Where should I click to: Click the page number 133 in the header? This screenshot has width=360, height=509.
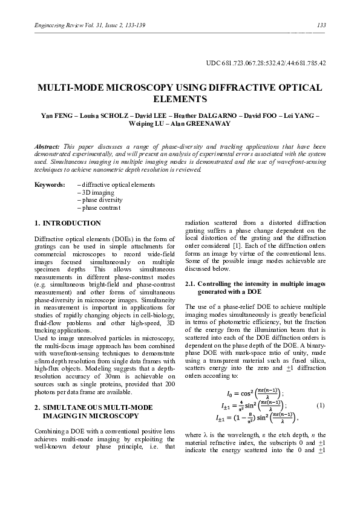tap(321, 25)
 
